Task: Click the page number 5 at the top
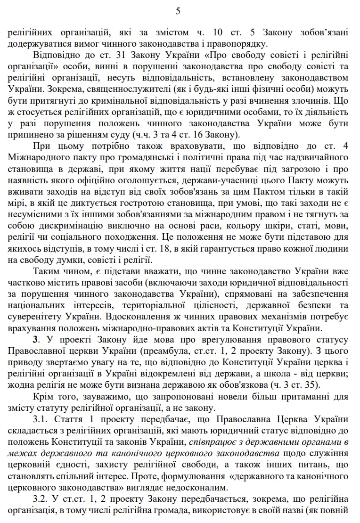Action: (178, 11)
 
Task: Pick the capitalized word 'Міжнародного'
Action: (39, 157)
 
